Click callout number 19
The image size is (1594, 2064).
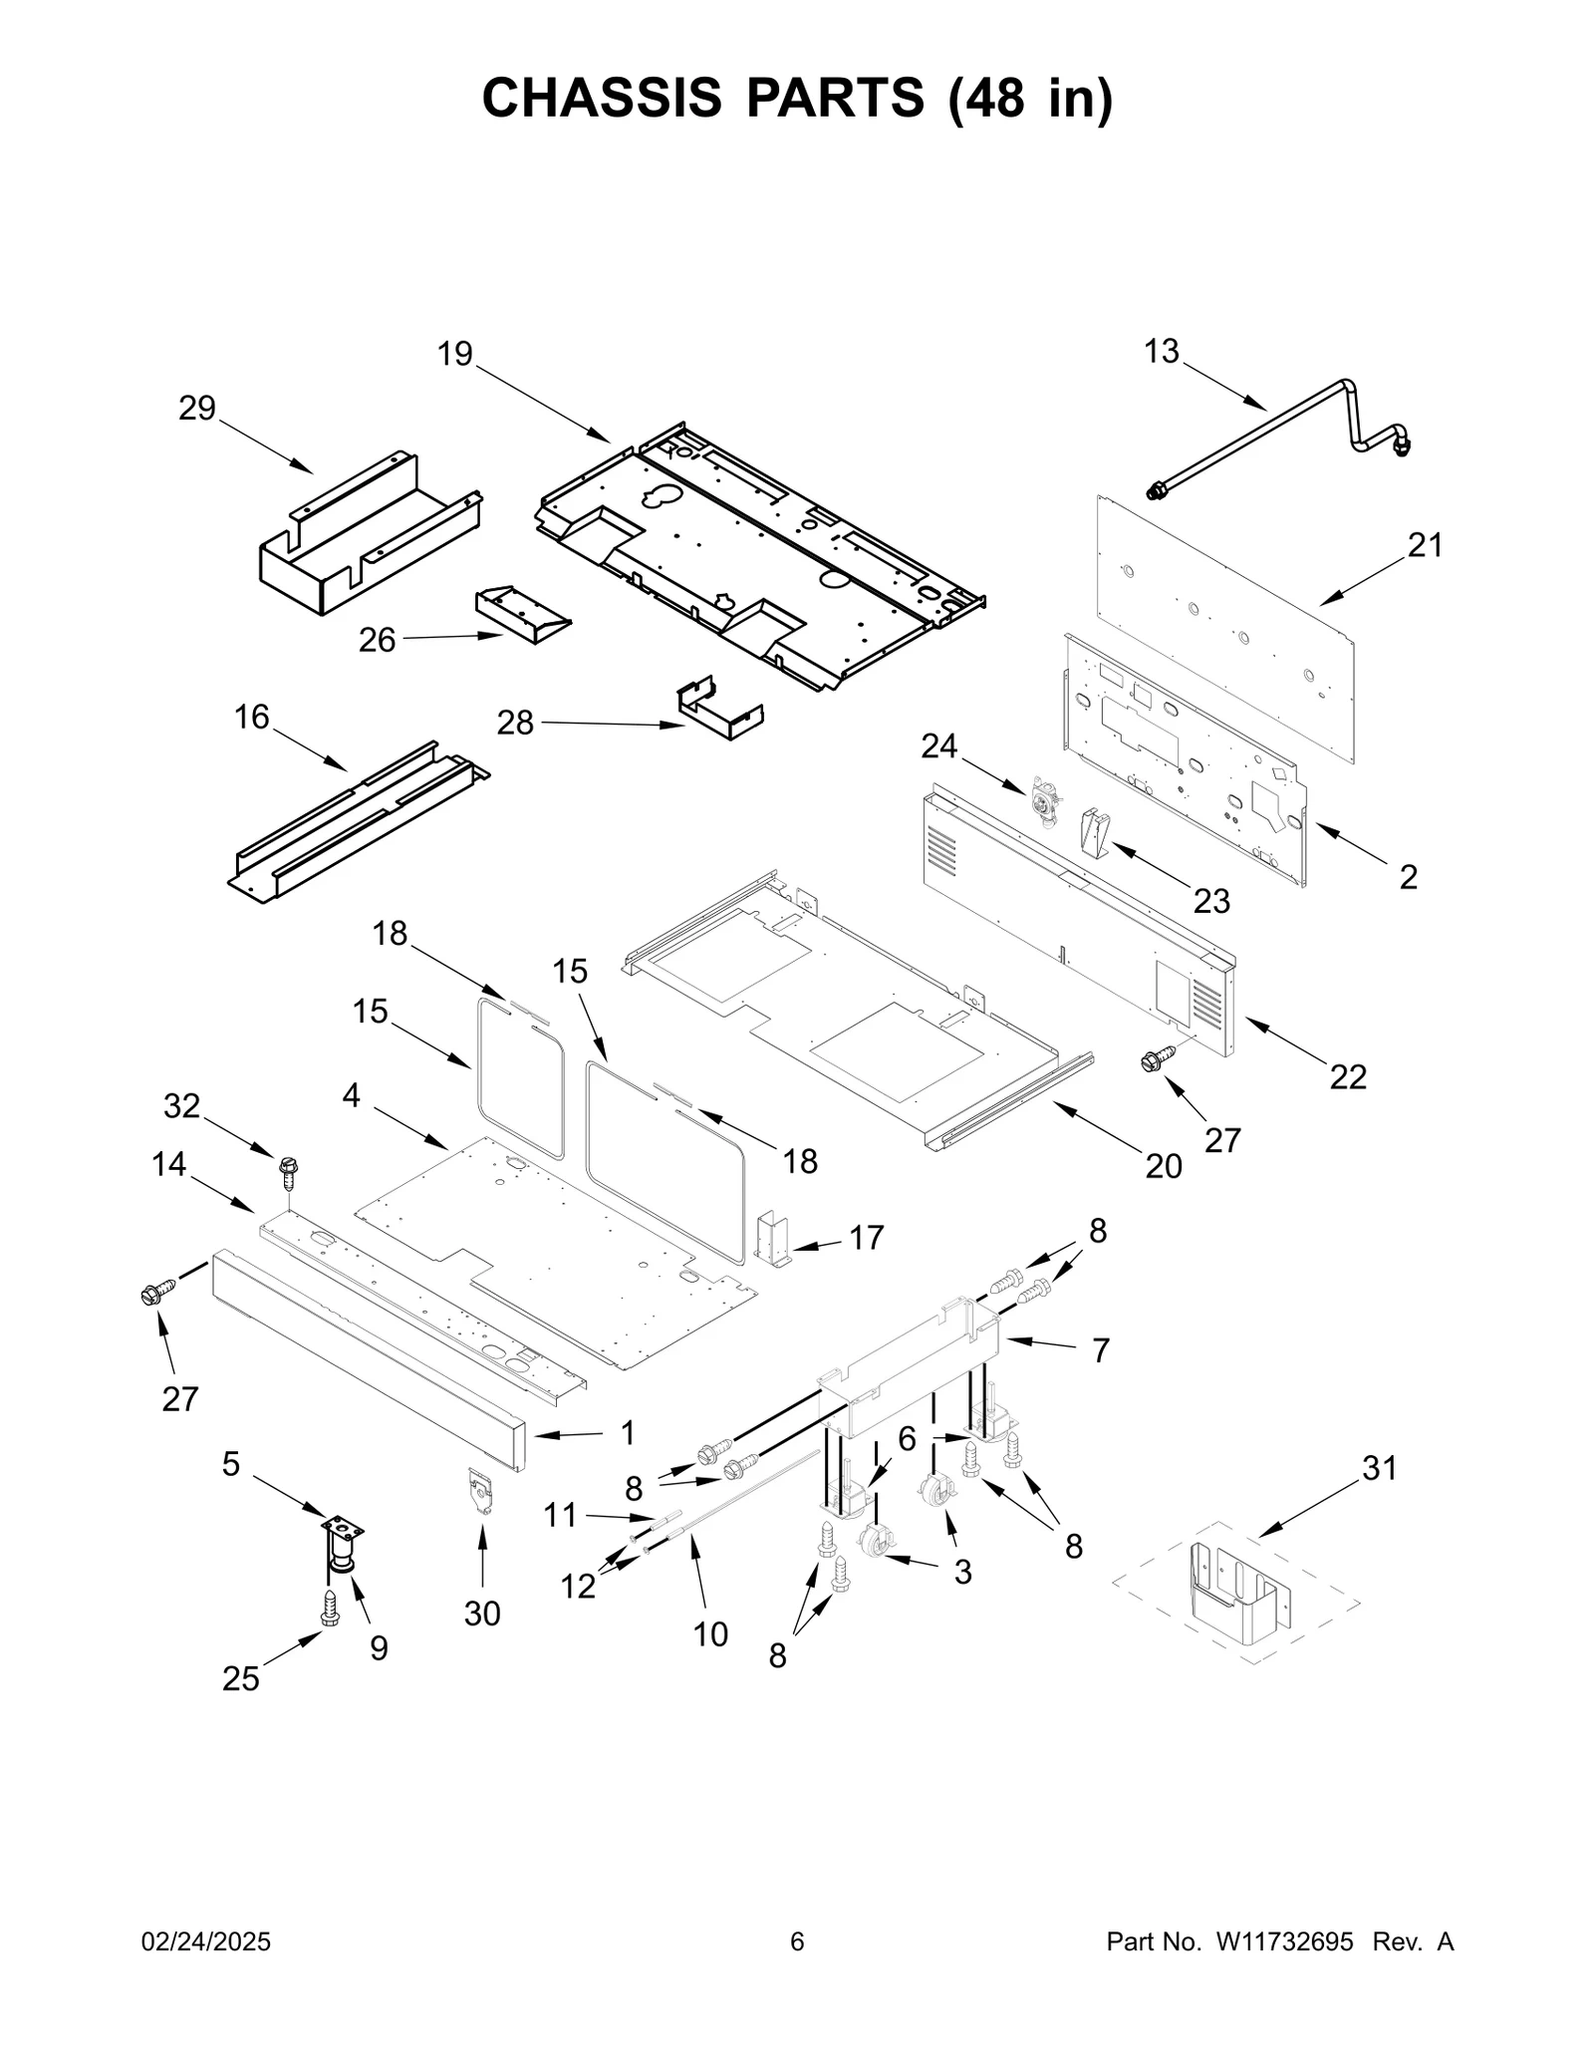[x=455, y=354]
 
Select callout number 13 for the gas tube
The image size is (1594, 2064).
[x=1161, y=351]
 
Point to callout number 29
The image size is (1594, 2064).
[x=197, y=408]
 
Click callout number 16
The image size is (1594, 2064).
[x=252, y=717]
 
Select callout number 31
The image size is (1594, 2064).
[x=1380, y=1468]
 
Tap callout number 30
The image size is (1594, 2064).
[x=482, y=1614]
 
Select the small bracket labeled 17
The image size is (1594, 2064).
[x=774, y=1239]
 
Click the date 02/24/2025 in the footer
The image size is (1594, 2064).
[x=206, y=1942]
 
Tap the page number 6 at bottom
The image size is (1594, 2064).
[x=797, y=1942]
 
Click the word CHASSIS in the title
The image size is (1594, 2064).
[x=602, y=98]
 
